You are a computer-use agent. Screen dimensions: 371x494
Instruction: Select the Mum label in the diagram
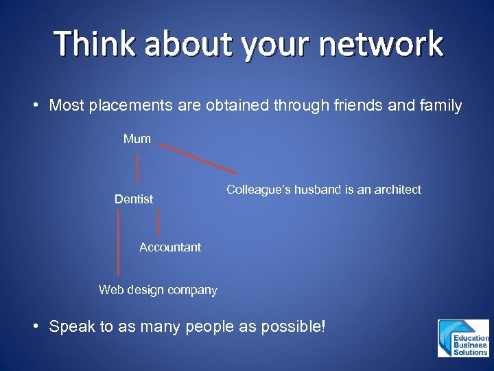pyautogui.click(x=137, y=139)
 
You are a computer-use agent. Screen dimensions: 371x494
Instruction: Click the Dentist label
pyautogui.click(x=134, y=199)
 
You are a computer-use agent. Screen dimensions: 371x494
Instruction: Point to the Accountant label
pyautogui.click(x=170, y=247)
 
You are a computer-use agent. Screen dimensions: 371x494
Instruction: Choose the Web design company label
pyautogui.click(x=158, y=290)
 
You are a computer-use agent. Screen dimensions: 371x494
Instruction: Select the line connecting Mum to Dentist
pyautogui.click(x=138, y=168)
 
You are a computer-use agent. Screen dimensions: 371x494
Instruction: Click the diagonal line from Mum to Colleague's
pyautogui.click(x=198, y=158)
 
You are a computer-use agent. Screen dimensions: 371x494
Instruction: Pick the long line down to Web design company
pyautogui.click(x=119, y=244)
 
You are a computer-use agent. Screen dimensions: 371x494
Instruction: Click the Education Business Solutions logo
pyautogui.click(x=463, y=338)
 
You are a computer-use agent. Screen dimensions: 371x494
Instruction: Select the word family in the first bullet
pyautogui.click(x=443, y=106)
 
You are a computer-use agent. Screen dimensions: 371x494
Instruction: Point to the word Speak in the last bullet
pyautogui.click(x=73, y=327)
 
